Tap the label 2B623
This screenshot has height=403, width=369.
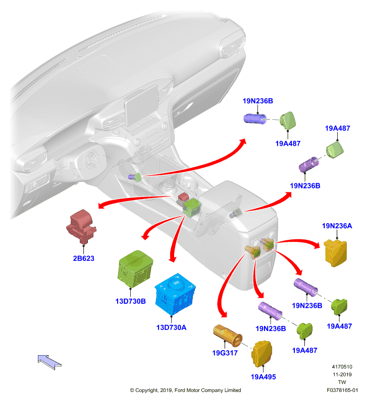tap(84, 258)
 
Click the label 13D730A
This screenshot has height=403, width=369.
tap(171, 327)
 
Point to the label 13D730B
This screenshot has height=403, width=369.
tap(131, 301)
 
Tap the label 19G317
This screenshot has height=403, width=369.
tap(225, 353)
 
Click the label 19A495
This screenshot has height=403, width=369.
tap(263, 377)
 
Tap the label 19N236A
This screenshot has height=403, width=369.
tap(337, 226)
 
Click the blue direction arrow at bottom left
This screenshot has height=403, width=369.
tap(49, 362)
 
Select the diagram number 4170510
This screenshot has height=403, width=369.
tap(342, 367)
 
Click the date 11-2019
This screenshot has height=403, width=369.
tap(342, 374)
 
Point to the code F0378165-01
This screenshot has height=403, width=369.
tap(342, 390)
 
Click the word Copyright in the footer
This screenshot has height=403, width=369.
tap(146, 390)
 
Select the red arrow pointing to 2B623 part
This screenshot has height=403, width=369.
tap(134, 198)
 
